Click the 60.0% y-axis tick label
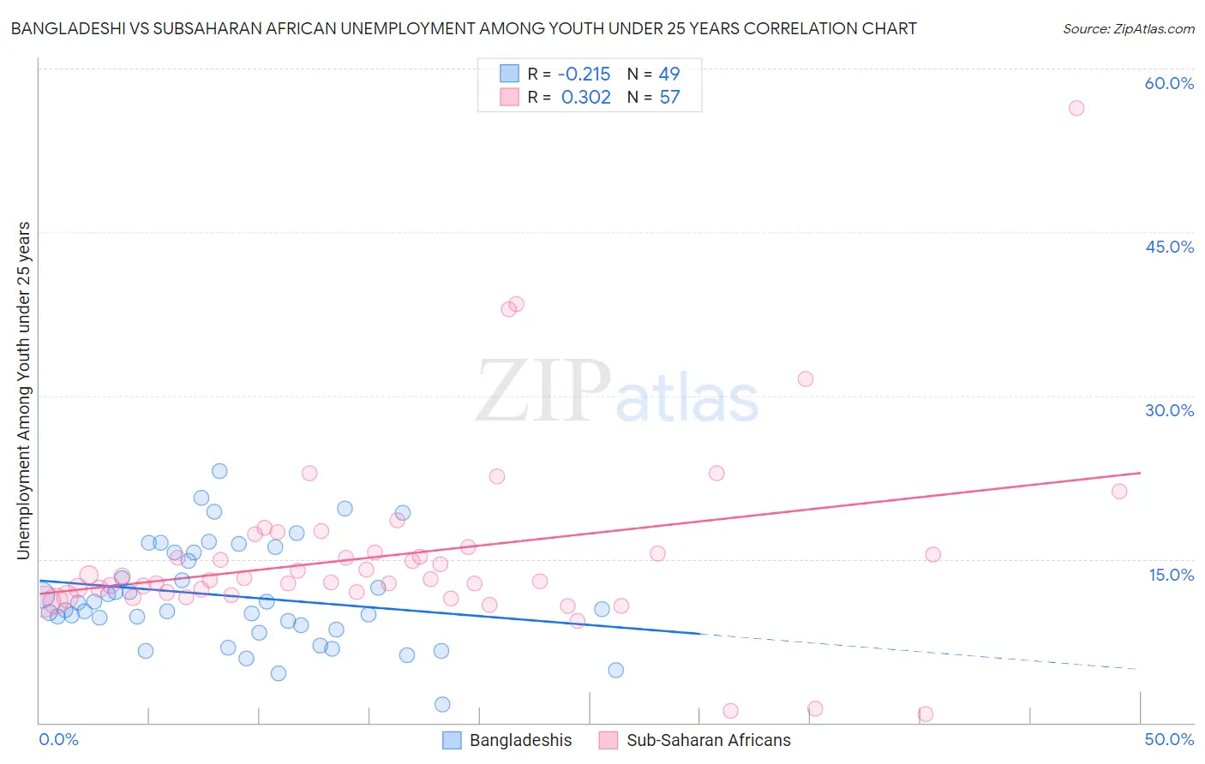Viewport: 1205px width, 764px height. (1169, 83)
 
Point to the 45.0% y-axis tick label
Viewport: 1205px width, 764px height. (1169, 247)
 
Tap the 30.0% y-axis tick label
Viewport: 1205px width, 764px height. (1169, 410)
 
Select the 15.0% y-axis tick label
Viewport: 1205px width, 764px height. (1171, 575)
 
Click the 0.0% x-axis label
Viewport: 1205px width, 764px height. (58, 739)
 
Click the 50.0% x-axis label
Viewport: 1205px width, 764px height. (1169, 739)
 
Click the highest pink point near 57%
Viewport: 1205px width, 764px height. (1076, 108)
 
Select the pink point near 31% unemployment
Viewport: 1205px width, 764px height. (806, 379)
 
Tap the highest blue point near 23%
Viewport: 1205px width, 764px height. (219, 471)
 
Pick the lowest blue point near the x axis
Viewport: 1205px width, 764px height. (442, 704)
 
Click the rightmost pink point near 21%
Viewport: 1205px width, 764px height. (1119, 491)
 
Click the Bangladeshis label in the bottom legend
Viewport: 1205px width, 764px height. (520, 740)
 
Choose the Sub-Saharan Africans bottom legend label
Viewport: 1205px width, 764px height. (708, 740)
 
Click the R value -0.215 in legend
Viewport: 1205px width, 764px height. (584, 75)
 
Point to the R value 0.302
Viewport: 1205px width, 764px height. (585, 98)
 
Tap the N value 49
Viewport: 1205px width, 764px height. (669, 75)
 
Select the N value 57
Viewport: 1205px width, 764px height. (669, 98)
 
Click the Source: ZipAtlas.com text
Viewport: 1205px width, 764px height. (1128, 29)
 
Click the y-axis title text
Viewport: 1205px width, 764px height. (24, 391)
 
